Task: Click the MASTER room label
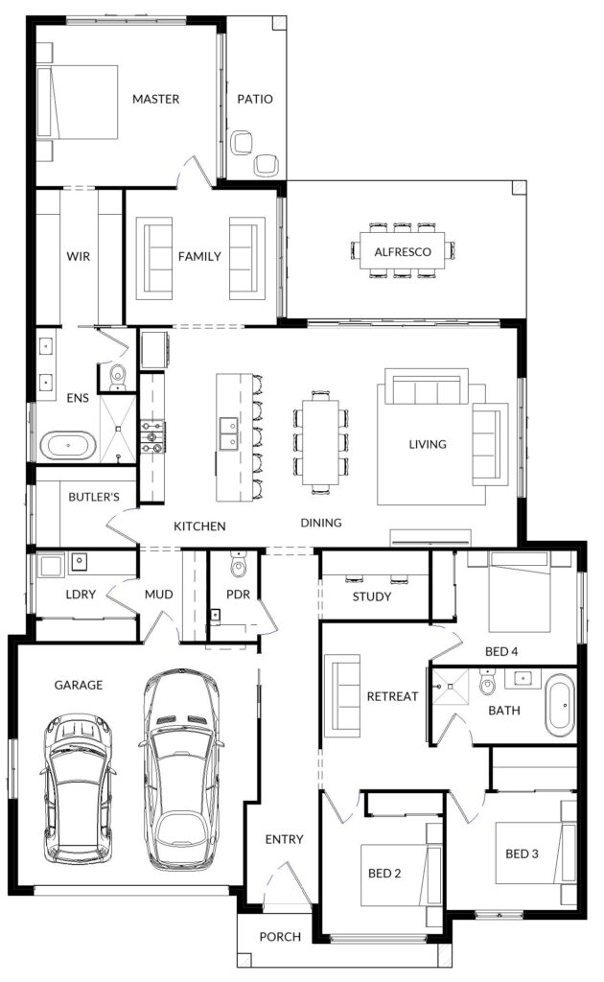(156, 99)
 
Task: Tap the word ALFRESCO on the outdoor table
(403, 252)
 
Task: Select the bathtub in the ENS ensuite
(68, 445)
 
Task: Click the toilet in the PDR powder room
(239, 565)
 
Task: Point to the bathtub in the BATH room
(560, 705)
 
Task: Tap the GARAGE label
(79, 685)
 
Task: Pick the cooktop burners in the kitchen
(152, 436)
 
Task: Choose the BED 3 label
(522, 853)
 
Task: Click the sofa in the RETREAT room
(341, 695)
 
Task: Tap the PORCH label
(280, 937)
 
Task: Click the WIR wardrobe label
(79, 256)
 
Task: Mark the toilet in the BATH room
(487, 682)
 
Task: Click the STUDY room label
(372, 596)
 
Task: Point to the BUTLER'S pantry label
(94, 498)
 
